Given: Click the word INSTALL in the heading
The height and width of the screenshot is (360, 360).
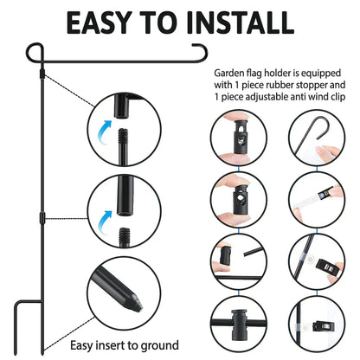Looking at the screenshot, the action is (x=241, y=22).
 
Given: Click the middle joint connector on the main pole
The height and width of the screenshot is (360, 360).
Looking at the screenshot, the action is (x=42, y=217).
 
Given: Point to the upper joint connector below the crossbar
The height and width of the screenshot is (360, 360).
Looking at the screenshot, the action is (x=42, y=74).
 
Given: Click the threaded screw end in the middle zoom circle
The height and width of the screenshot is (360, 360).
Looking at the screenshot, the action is (x=125, y=235).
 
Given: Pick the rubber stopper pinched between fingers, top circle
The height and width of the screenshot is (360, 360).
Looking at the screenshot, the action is (x=239, y=137).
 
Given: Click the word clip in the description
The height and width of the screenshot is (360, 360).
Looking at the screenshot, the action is (x=339, y=97).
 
